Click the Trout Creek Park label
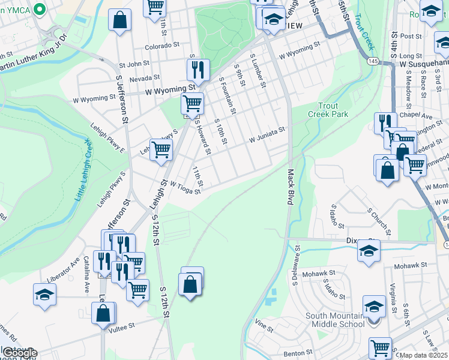click(328, 109)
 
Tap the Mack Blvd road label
click(289, 187)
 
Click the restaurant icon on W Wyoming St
click(197, 70)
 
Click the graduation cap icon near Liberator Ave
click(45, 295)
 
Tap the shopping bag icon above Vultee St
click(103, 313)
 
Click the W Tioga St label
click(185, 188)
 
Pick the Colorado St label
click(162, 46)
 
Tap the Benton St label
click(294, 354)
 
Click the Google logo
click(20, 353)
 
